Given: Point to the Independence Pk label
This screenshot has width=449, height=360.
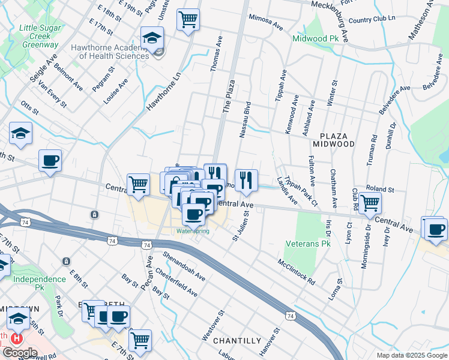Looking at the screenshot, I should [x=40, y=279].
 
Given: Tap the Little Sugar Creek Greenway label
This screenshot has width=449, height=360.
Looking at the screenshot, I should [x=39, y=36].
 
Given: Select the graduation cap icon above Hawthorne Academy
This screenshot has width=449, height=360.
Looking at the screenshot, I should [x=152, y=38].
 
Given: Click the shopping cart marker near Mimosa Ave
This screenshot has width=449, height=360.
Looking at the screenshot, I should [x=188, y=19].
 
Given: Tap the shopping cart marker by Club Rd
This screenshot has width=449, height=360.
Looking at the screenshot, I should [x=370, y=203].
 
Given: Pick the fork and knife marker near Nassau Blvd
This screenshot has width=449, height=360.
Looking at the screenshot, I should [x=246, y=179].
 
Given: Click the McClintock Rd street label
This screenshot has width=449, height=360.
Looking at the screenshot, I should [x=296, y=272].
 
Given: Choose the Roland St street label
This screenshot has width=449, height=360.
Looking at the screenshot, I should [x=379, y=189].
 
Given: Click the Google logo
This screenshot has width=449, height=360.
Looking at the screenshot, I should [x=20, y=353].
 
